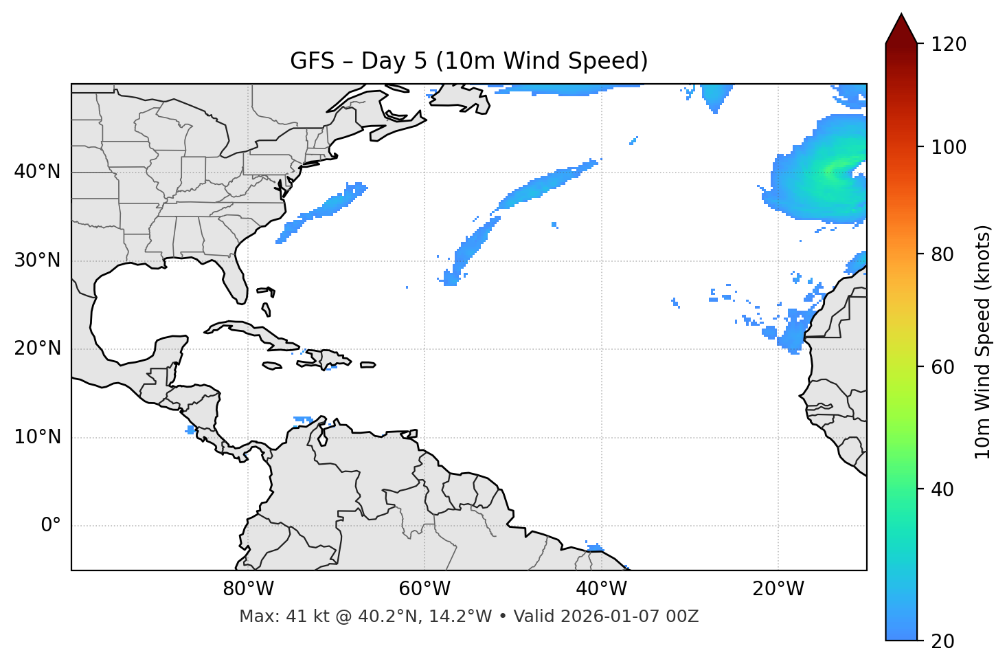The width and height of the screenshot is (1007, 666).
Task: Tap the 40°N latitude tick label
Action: click(37, 172)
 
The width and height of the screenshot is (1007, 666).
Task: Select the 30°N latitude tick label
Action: click(37, 260)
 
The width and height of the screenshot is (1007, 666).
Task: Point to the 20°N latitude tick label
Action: click(37, 348)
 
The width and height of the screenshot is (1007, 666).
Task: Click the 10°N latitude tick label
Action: click(37, 437)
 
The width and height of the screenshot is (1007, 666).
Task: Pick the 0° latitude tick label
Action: click(51, 526)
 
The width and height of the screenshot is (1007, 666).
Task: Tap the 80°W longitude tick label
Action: click(248, 589)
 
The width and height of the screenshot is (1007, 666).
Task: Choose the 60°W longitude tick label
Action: click(425, 589)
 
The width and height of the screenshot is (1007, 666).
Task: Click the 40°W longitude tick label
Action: click(601, 589)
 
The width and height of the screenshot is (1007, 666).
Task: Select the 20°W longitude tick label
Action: click(778, 589)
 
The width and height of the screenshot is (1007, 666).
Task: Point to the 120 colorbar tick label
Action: click(949, 45)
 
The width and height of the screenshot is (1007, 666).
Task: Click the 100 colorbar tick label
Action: click(949, 147)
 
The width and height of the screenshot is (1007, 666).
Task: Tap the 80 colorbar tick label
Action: click(943, 254)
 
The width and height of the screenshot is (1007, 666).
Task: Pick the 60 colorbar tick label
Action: click(943, 367)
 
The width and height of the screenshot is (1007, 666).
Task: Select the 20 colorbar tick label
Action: click(943, 641)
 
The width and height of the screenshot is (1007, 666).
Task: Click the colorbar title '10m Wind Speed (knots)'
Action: click(983, 342)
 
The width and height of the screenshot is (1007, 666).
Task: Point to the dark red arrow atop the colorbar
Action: click(901, 30)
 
